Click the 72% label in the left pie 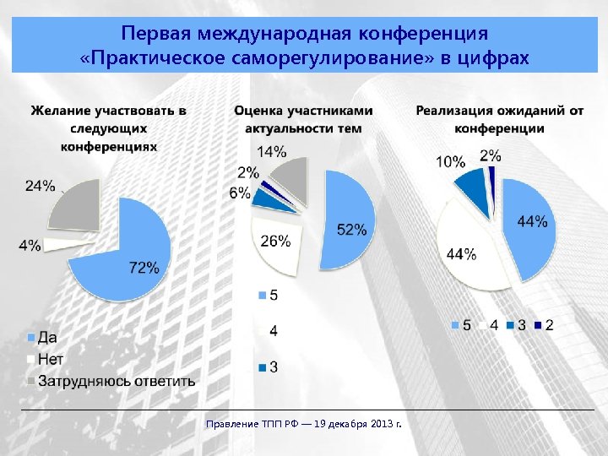point(144,268)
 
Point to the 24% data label point(41,186)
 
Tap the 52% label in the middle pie point(351,229)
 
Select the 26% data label point(275,241)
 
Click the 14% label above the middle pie point(271,152)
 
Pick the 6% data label point(239,193)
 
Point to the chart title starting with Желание point(109,128)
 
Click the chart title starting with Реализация point(499,119)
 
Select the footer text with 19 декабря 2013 point(304,422)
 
